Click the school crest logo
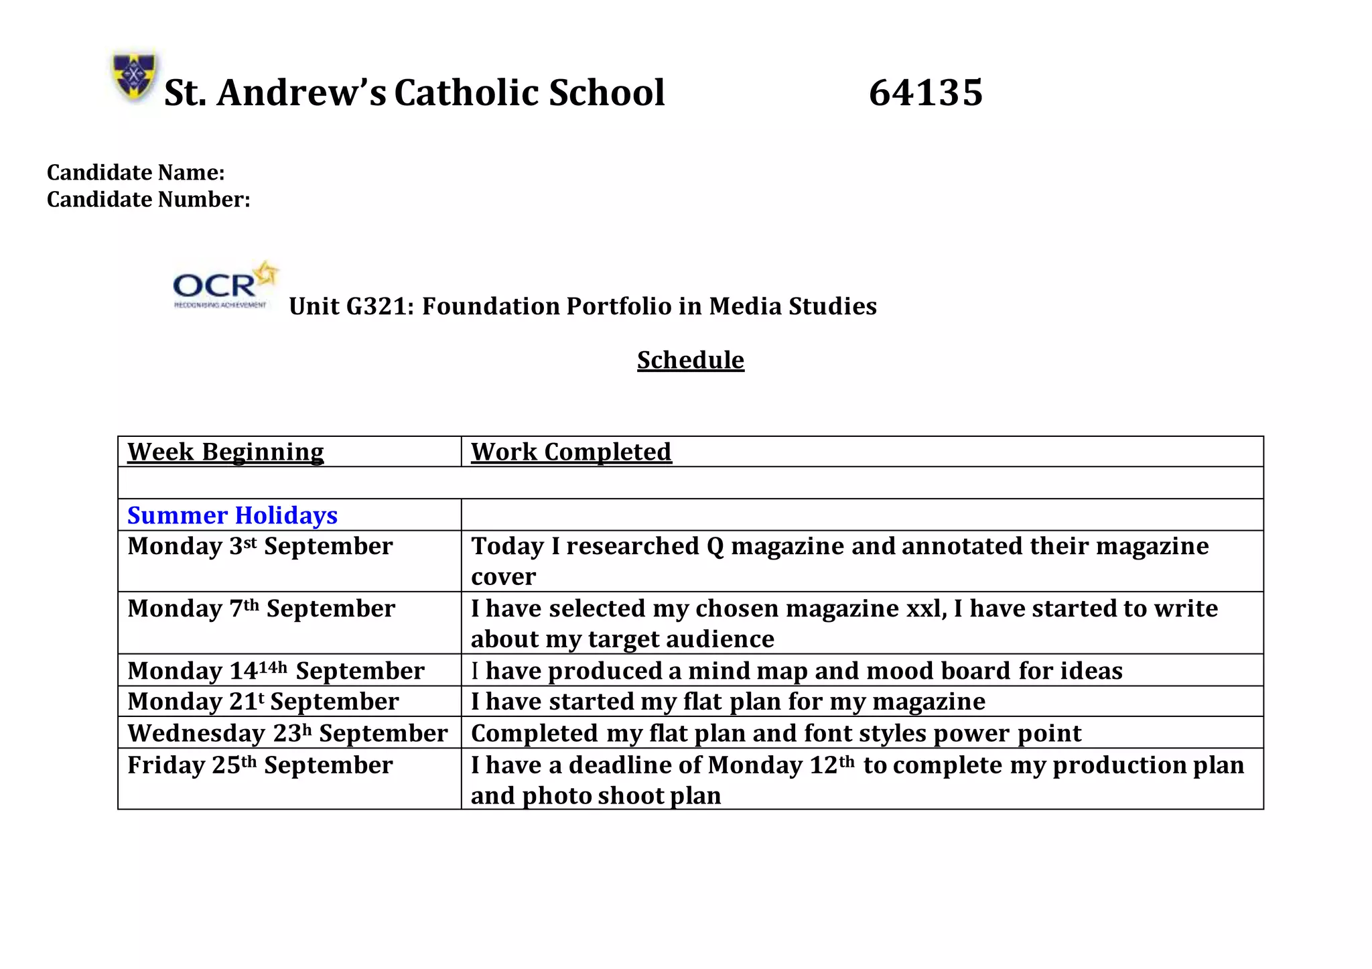[135, 75]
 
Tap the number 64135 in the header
[925, 92]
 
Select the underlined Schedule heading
[690, 361]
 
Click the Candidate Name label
[136, 173]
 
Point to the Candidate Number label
[149, 200]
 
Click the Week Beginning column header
[226, 452]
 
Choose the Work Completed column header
[571, 452]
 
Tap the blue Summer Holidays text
[232, 515]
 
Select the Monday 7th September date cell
[261, 609]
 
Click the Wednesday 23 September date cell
[287, 733]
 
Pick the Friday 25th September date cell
[260, 765]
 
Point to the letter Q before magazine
[715, 547]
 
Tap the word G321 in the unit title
[380, 306]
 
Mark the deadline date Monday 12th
[781, 765]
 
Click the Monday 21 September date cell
[263, 702]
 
